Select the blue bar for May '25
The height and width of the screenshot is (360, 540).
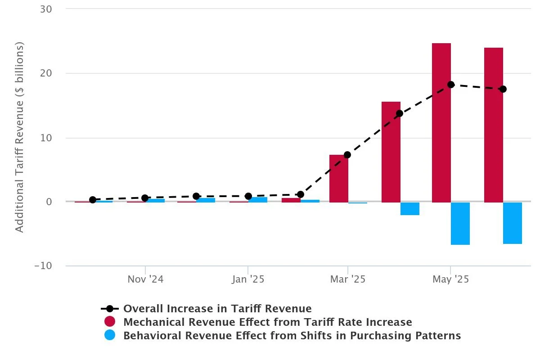[460, 223]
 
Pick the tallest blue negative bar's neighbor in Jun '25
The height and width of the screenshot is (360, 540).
[512, 223]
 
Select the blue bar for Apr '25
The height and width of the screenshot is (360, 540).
[409, 209]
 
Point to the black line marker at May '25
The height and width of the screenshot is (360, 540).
[450, 85]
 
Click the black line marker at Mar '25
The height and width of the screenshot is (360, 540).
[347, 155]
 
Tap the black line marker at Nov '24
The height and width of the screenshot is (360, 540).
[145, 198]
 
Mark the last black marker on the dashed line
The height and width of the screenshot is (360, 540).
[503, 89]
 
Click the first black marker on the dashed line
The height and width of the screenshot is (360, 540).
[93, 200]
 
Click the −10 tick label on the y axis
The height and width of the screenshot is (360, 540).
[43, 266]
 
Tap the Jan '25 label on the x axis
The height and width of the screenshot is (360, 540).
[248, 279]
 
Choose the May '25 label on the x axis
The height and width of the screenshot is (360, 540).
[450, 279]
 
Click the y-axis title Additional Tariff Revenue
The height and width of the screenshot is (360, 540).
[19, 137]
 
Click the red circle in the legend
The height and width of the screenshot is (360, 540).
[110, 322]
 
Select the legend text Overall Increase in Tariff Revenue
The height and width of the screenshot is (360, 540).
[217, 309]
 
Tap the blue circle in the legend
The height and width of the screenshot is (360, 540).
[110, 336]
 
